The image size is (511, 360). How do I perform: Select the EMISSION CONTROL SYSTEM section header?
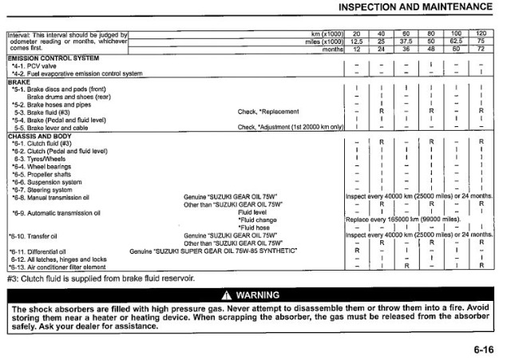click(x=53, y=59)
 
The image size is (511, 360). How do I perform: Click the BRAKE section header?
click(x=18, y=81)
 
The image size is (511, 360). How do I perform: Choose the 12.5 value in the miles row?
click(x=357, y=42)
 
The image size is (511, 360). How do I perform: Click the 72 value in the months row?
click(x=481, y=49)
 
